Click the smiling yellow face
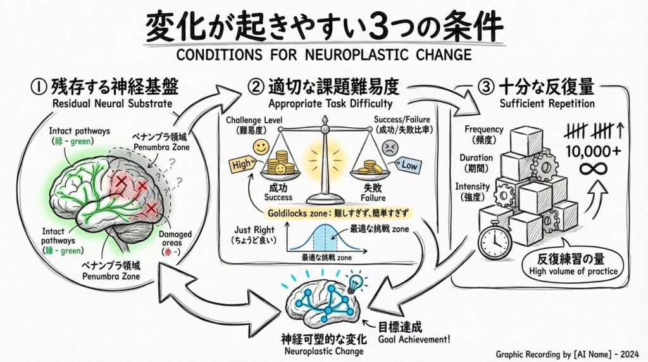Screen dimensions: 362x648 261,147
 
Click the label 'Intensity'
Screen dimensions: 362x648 473,187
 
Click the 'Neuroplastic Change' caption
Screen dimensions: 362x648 324,351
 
